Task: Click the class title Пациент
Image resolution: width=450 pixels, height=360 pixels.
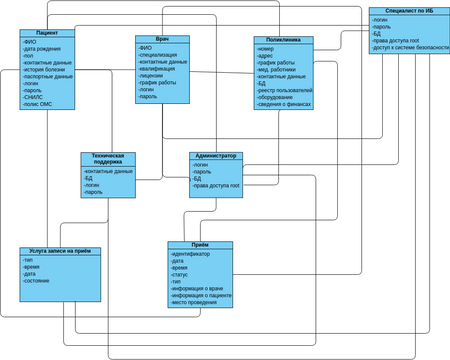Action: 47,33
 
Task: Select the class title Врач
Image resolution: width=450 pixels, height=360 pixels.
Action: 162,39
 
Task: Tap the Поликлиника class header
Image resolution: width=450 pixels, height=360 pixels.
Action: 283,40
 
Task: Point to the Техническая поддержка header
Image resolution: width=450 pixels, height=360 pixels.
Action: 108,159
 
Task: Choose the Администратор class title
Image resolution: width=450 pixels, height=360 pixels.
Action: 216,156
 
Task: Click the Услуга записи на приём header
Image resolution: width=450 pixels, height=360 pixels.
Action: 60,251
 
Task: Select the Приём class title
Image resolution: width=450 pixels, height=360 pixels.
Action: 201,245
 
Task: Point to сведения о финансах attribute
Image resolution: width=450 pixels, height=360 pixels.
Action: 286,104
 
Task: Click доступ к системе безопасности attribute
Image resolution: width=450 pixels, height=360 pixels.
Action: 410,47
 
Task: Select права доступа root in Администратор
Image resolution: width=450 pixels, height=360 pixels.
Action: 217,185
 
